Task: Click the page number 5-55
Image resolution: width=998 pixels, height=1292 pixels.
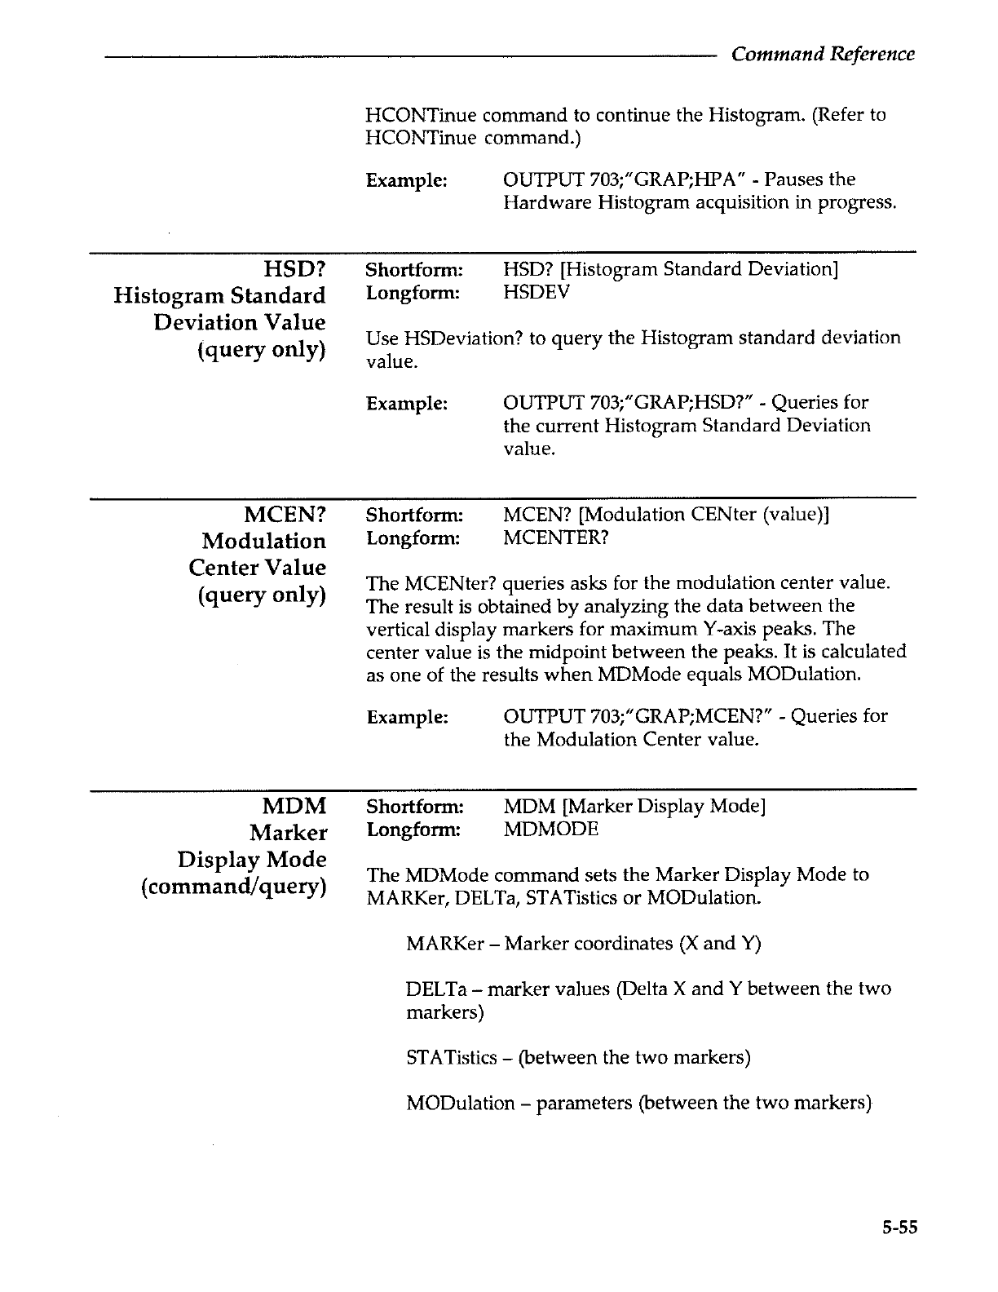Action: pyautogui.click(x=899, y=1226)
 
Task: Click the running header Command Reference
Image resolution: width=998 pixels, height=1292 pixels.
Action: pyautogui.click(x=823, y=54)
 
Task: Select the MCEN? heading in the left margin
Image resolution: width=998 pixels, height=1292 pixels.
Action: pyautogui.click(x=285, y=514)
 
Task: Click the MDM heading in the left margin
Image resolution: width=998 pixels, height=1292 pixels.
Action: pyautogui.click(x=294, y=806)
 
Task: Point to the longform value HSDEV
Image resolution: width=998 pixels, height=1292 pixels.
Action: pyautogui.click(x=537, y=292)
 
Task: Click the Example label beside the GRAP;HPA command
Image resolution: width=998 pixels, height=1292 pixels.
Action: pyautogui.click(x=406, y=179)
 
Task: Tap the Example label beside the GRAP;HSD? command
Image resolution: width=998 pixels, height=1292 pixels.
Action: pyautogui.click(x=406, y=403)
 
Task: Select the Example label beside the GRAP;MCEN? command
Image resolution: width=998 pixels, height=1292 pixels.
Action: pyautogui.click(x=406, y=717)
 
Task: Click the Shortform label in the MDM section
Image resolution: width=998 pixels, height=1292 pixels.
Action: pyautogui.click(x=414, y=807)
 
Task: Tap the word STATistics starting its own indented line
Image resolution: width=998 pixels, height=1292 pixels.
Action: pyautogui.click(x=451, y=1058)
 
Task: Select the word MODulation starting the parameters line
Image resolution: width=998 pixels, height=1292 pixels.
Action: pyautogui.click(x=460, y=1104)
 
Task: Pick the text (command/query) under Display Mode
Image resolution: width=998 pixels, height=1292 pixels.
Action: pyautogui.click(x=233, y=886)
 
